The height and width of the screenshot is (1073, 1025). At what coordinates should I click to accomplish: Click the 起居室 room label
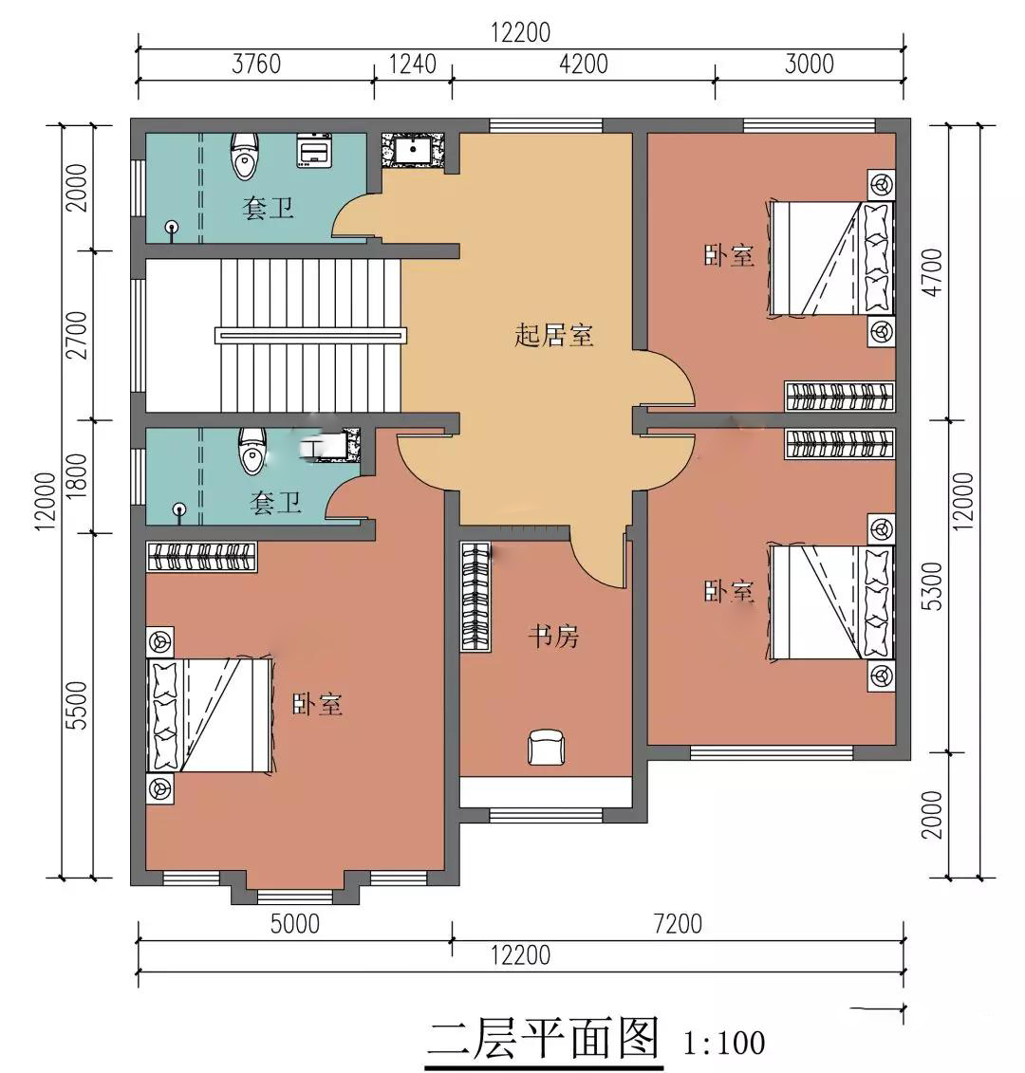point(553,336)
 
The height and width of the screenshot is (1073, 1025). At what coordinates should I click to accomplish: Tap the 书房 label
point(553,637)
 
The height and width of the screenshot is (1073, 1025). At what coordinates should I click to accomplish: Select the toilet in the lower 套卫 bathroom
point(252,451)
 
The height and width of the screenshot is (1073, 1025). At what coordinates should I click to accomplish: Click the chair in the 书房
point(546,747)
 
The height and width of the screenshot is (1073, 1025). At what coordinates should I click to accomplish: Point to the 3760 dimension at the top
point(256,65)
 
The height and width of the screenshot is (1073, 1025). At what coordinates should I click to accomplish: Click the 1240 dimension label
point(412,65)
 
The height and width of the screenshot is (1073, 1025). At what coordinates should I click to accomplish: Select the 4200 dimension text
point(584,65)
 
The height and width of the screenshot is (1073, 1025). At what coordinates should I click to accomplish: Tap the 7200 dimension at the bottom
point(678,924)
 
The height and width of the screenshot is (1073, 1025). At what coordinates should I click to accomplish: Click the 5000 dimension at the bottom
point(294,924)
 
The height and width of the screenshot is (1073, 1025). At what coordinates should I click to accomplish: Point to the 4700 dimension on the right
point(933,272)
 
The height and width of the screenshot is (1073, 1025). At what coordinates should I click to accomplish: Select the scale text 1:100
point(724,1044)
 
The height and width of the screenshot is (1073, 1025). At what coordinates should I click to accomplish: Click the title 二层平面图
point(544,1038)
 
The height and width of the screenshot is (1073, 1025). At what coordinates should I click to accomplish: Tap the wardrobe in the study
point(475,596)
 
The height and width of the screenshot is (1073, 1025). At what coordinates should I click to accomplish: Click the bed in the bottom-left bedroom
point(210,715)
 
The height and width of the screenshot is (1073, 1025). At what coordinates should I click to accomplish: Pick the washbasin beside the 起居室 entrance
point(413,150)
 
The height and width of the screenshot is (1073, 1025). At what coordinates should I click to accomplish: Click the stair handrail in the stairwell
point(311,335)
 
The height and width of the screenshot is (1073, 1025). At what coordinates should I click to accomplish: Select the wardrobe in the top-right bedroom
point(839,397)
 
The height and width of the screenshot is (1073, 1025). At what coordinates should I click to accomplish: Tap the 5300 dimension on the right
point(933,586)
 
